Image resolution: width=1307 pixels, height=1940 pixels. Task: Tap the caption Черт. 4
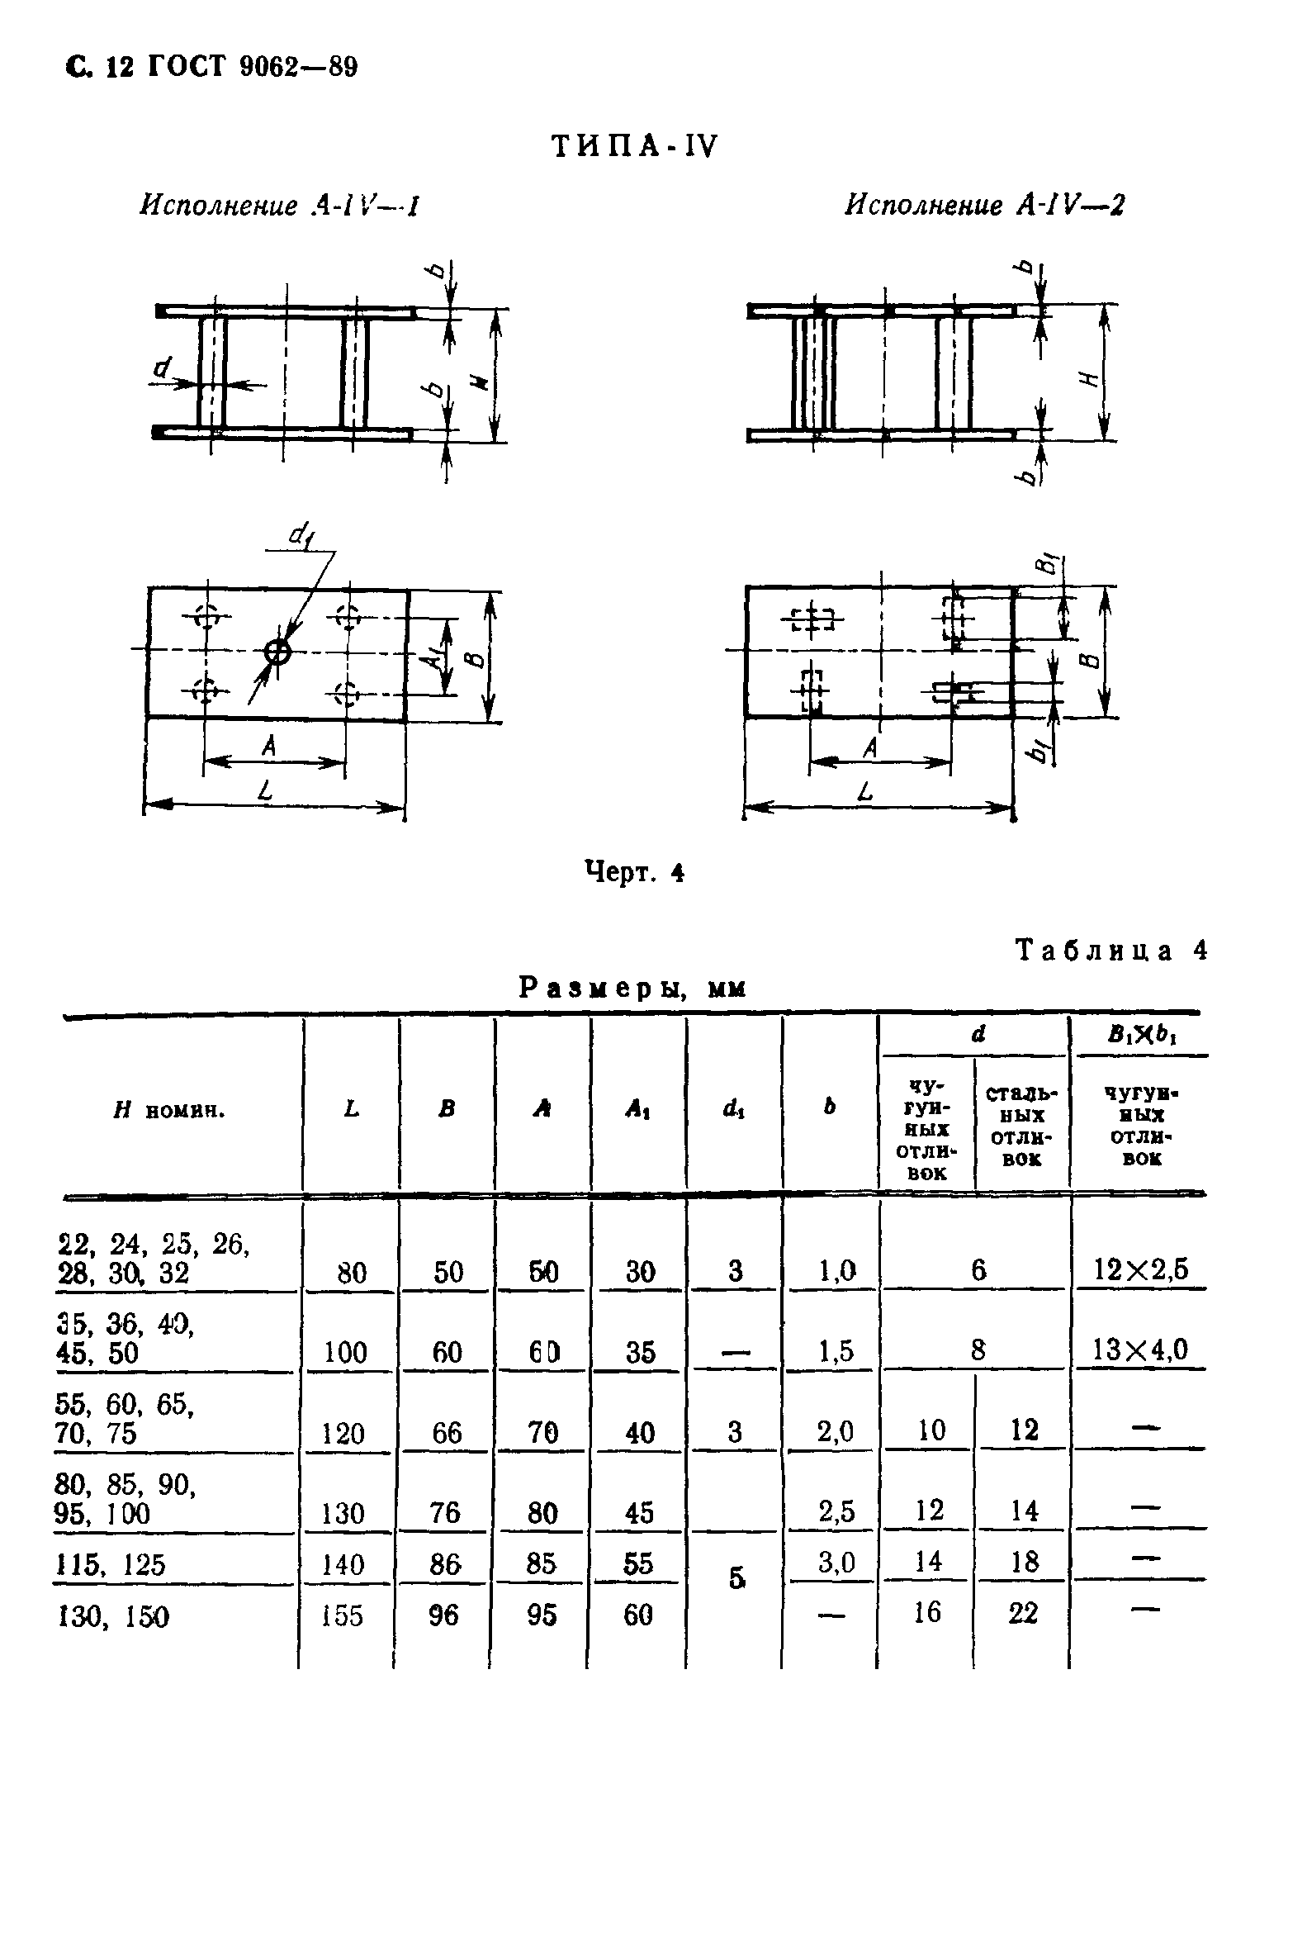point(634,872)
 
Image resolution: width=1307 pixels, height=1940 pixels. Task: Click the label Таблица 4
point(1110,951)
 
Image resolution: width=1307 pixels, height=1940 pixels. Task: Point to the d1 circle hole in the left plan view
point(277,652)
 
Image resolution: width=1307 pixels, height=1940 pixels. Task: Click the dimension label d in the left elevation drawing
point(163,366)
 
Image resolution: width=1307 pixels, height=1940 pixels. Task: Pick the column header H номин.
point(169,1111)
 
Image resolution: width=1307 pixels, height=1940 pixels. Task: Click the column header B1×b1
point(1141,1035)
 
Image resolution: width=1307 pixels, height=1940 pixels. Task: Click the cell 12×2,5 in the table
point(1140,1269)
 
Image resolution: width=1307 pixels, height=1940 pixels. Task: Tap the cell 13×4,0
point(1139,1349)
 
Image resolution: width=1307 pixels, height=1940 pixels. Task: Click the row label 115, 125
point(111,1564)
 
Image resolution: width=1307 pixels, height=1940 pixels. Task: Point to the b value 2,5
point(836,1510)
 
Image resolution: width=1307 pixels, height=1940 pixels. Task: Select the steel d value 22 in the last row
point(1023,1612)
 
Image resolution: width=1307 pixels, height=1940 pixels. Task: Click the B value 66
point(447,1432)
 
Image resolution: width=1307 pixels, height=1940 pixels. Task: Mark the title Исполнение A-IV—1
point(277,205)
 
